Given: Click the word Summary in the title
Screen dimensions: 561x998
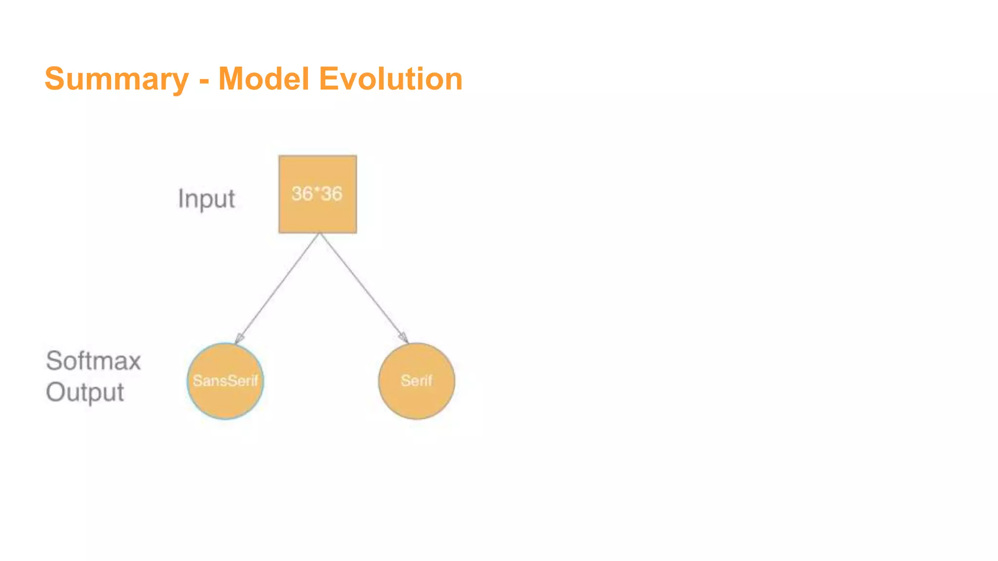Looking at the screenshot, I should click(116, 79).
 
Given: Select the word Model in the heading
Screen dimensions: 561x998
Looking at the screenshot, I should click(264, 78).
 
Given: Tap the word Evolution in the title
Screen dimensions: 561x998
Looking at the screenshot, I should click(390, 78).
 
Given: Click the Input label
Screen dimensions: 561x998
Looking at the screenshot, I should click(206, 199).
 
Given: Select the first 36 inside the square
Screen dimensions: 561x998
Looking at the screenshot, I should click(302, 194).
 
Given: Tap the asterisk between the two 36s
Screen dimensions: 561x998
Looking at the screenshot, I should click(317, 190).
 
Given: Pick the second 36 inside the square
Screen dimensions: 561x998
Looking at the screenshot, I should click(331, 194).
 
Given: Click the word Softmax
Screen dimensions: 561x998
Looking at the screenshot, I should click(94, 361).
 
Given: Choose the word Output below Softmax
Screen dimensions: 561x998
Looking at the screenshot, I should click(85, 393).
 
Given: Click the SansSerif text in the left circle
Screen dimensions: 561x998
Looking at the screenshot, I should click(225, 381).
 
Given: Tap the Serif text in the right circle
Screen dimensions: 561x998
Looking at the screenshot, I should click(416, 381).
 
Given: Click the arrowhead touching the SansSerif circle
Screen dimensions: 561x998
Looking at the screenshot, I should click(239, 338).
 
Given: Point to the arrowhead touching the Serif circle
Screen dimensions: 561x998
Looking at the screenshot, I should click(403, 337).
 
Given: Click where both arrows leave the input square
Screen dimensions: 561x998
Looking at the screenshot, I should click(320, 234).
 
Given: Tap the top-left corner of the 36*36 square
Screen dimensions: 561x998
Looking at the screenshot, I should click(280, 156).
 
